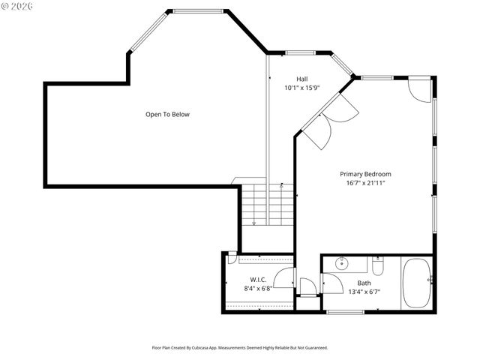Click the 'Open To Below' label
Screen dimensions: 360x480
click(x=167, y=115)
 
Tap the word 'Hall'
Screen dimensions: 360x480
click(x=301, y=79)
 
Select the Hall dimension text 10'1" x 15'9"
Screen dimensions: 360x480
click(x=301, y=88)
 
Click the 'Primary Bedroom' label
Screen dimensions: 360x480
click(x=365, y=174)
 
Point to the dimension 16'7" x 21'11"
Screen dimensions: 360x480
click(x=365, y=183)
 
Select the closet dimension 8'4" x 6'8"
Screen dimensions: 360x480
click(x=257, y=288)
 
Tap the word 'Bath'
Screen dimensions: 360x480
click(x=364, y=283)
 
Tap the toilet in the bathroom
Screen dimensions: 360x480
click(x=378, y=265)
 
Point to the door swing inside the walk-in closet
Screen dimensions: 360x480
click(x=284, y=278)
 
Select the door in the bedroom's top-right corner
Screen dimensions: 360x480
click(x=419, y=90)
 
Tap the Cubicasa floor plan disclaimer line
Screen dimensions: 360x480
click(x=240, y=348)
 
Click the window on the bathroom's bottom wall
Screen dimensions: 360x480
click(x=346, y=311)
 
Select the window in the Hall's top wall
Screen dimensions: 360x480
click(x=300, y=53)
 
